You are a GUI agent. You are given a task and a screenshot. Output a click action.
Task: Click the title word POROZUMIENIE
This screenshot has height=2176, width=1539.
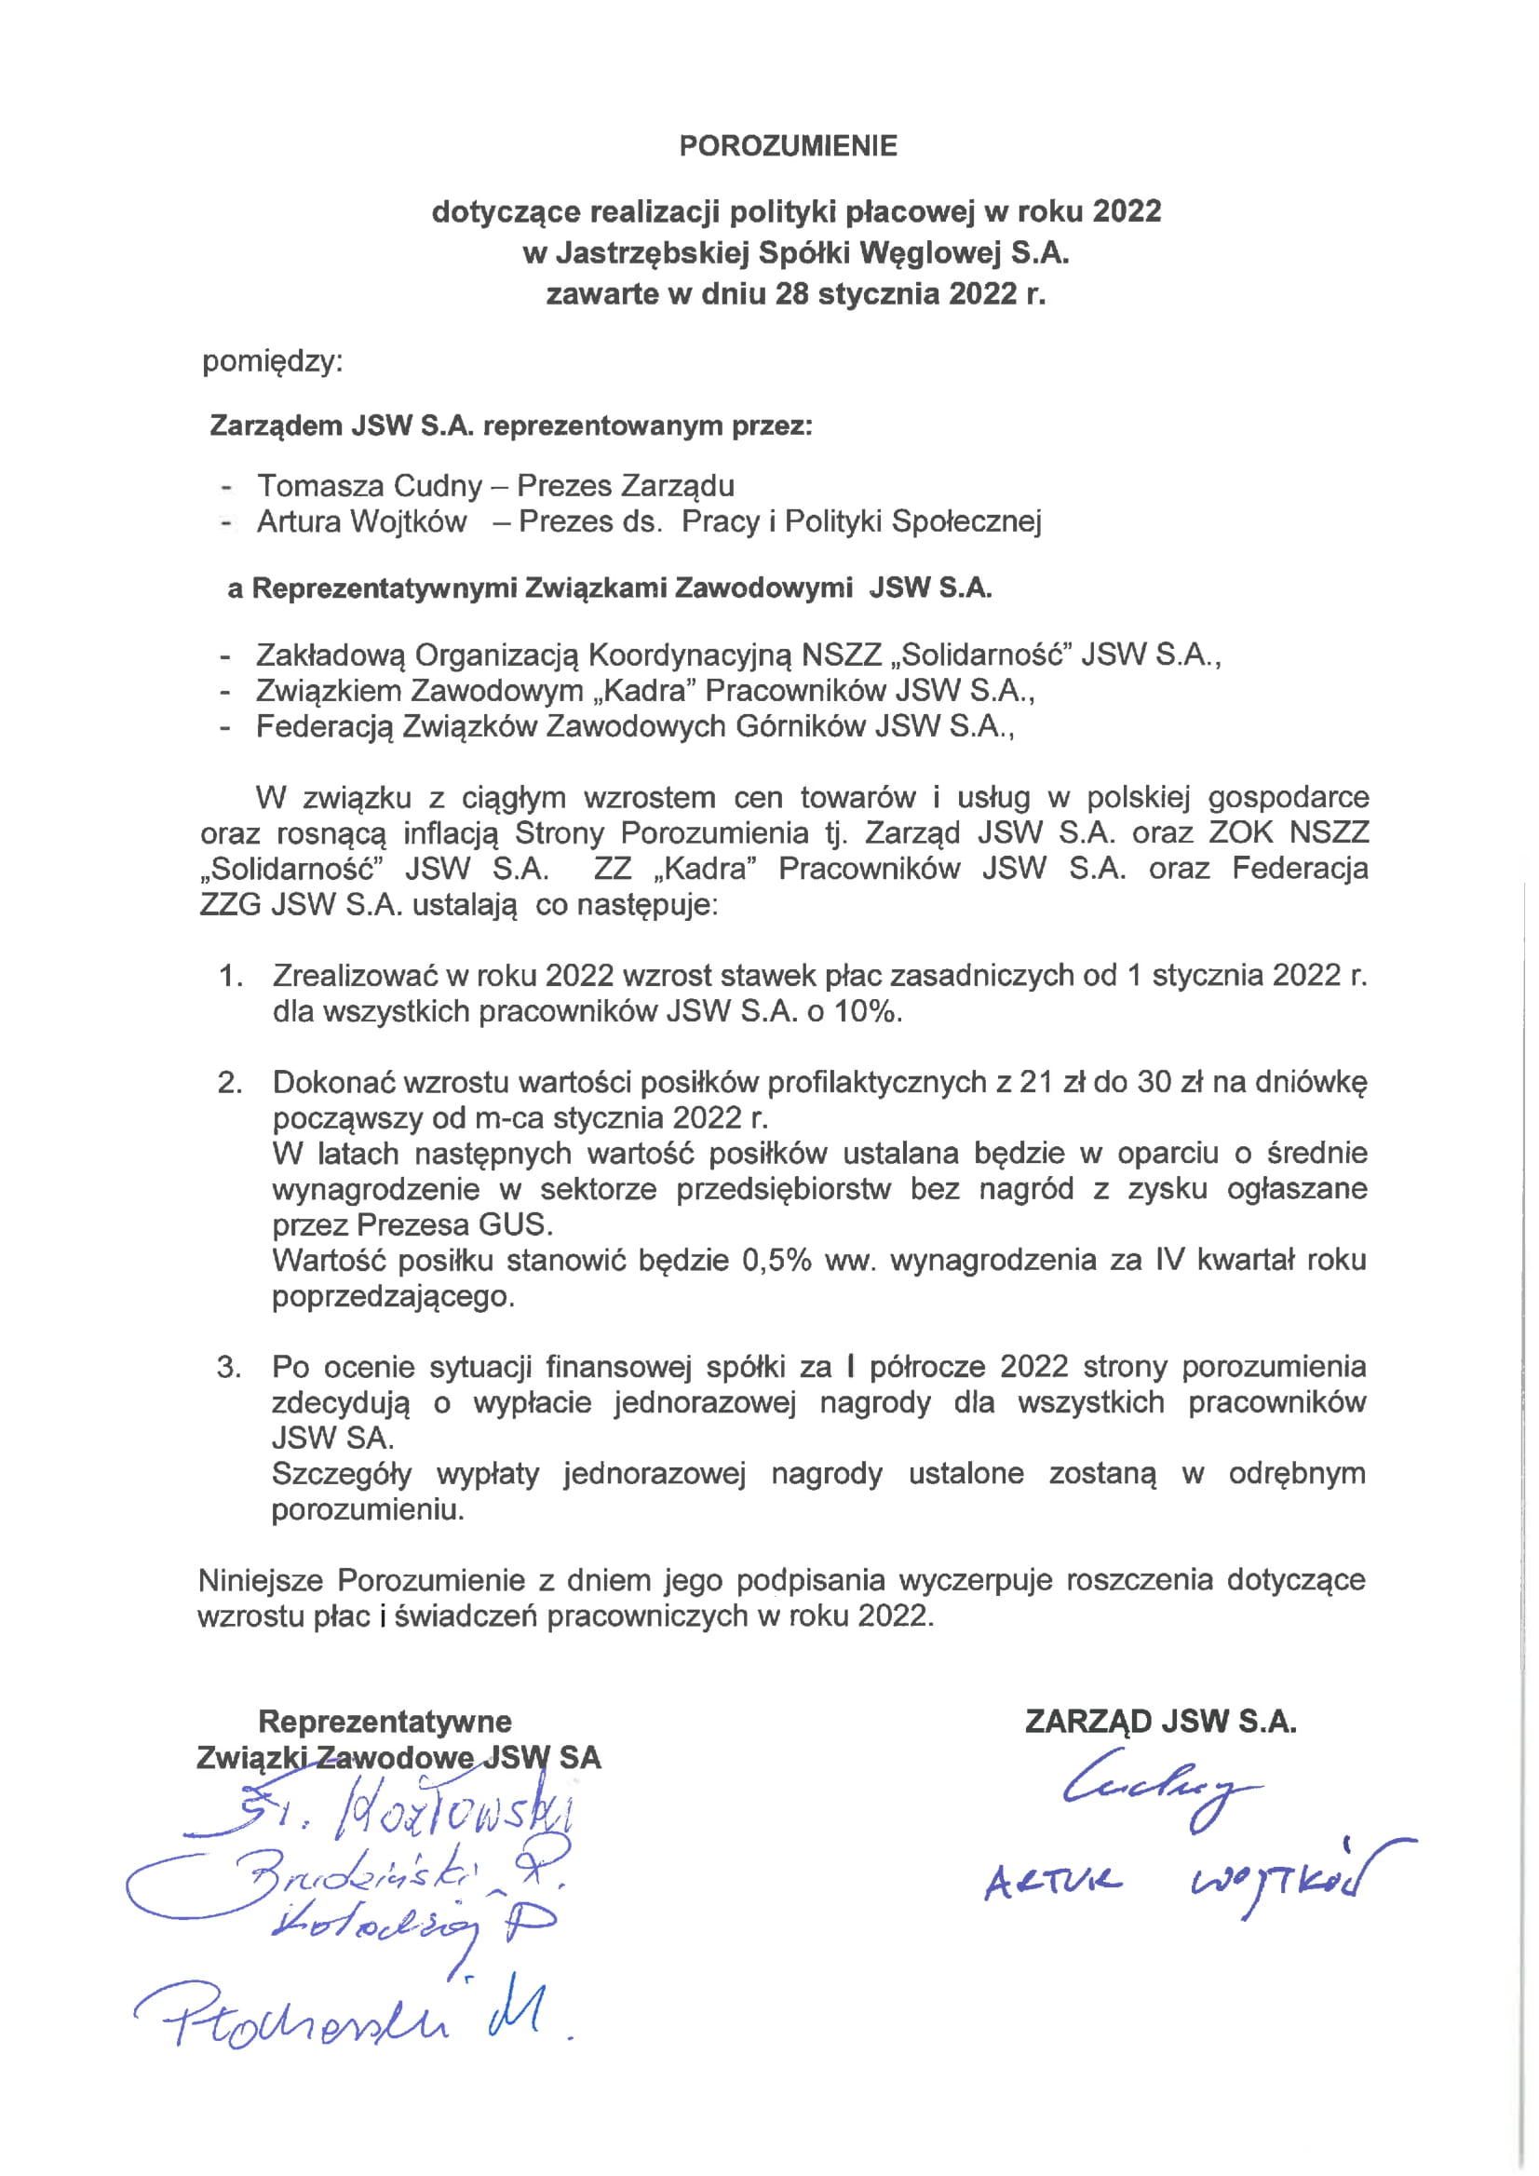[788, 146]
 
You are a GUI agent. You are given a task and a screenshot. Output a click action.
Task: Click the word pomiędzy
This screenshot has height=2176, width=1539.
[272, 361]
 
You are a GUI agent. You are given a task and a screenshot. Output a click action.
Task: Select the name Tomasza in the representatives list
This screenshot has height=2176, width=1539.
[321, 486]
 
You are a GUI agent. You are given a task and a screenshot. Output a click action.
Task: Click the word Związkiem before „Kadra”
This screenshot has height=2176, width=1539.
[324, 691]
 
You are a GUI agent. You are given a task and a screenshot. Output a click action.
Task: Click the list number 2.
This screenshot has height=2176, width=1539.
[229, 1082]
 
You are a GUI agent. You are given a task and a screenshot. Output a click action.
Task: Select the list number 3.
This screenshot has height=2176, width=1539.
[228, 1367]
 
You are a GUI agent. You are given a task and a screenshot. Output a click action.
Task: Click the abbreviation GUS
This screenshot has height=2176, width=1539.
[515, 1224]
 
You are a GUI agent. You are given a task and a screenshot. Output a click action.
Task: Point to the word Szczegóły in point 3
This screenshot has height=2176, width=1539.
[341, 1474]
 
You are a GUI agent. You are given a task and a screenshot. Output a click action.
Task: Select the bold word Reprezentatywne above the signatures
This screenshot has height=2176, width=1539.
[385, 1721]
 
